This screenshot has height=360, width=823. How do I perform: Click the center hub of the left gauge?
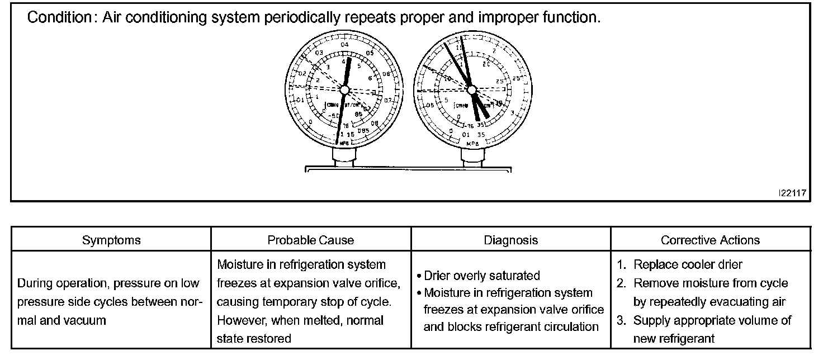click(344, 89)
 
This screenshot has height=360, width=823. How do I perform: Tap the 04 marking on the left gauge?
click(344, 45)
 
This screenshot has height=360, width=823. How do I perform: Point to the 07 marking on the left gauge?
click(389, 101)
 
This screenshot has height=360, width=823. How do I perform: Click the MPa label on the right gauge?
click(470, 144)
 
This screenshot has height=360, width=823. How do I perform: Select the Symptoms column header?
click(111, 240)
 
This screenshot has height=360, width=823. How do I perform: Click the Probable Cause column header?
click(311, 240)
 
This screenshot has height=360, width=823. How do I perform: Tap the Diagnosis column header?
click(510, 240)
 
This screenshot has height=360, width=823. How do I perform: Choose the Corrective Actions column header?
click(710, 240)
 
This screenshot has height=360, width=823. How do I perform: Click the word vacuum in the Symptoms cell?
click(86, 320)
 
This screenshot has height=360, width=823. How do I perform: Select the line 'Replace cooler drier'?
click(688, 265)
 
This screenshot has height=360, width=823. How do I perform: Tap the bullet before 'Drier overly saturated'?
click(419, 276)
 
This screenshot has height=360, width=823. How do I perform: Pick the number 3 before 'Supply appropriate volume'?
click(621, 320)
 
